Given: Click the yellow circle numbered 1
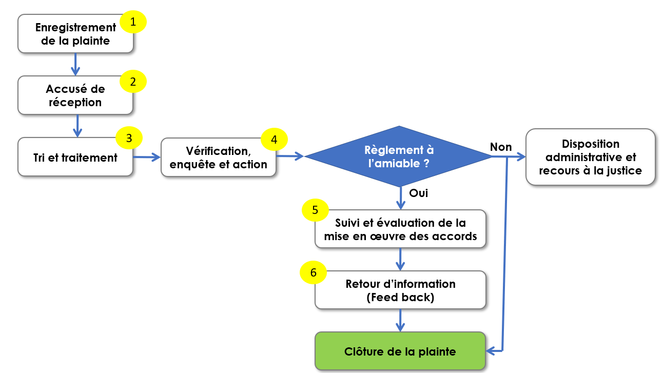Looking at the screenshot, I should click(x=133, y=22).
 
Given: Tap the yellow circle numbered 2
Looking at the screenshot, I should click(x=133, y=82).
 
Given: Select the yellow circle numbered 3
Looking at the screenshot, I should click(x=129, y=138).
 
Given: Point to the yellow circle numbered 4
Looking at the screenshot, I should click(x=274, y=139).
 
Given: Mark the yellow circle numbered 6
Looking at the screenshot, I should click(x=313, y=273).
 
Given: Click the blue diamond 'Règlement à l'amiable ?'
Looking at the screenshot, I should click(x=399, y=156).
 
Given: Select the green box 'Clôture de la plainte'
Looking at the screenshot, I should click(x=400, y=351).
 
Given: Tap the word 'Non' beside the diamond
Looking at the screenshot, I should click(x=501, y=147).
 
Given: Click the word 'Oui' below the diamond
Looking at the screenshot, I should click(x=418, y=193).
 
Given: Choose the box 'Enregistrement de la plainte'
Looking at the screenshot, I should click(x=75, y=34).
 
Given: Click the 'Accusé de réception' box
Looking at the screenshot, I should click(x=75, y=95).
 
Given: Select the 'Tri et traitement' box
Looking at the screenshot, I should click(x=75, y=158).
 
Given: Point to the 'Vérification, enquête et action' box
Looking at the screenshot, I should click(x=218, y=158).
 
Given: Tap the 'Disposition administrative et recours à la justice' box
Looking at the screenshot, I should click(x=590, y=157).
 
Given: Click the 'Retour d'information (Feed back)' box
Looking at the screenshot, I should click(x=400, y=290).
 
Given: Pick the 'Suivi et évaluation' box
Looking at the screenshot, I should click(x=400, y=229).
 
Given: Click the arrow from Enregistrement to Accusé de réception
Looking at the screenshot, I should click(x=75, y=64).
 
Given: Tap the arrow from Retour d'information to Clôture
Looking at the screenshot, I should click(x=400, y=320).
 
